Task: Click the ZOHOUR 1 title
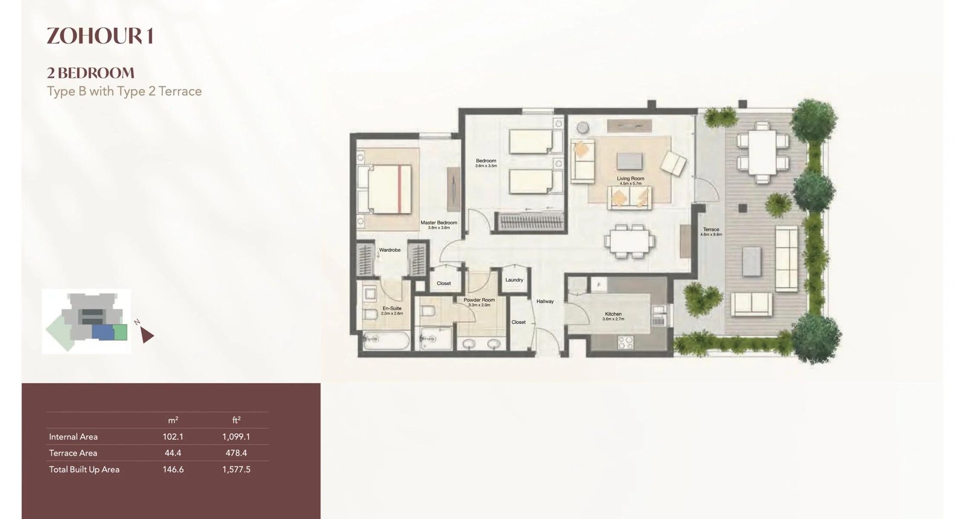tap(100, 36)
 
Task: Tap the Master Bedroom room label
tap(438, 223)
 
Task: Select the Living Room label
tap(630, 179)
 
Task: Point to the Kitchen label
tap(613, 314)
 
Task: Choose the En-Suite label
tap(391, 309)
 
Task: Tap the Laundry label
tap(514, 280)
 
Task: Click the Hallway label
tap(545, 301)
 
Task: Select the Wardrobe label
tap(390, 250)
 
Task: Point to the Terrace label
tap(710, 230)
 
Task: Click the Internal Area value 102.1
tap(172, 437)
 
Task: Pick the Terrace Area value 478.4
tap(236, 453)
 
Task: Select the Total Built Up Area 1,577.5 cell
tap(236, 470)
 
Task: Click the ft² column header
tap(236, 420)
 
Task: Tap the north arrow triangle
tap(147, 336)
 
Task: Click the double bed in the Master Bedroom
tap(386, 189)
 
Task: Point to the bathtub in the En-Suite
tap(387, 342)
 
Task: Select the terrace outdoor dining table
tap(762, 152)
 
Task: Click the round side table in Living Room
tap(583, 128)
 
